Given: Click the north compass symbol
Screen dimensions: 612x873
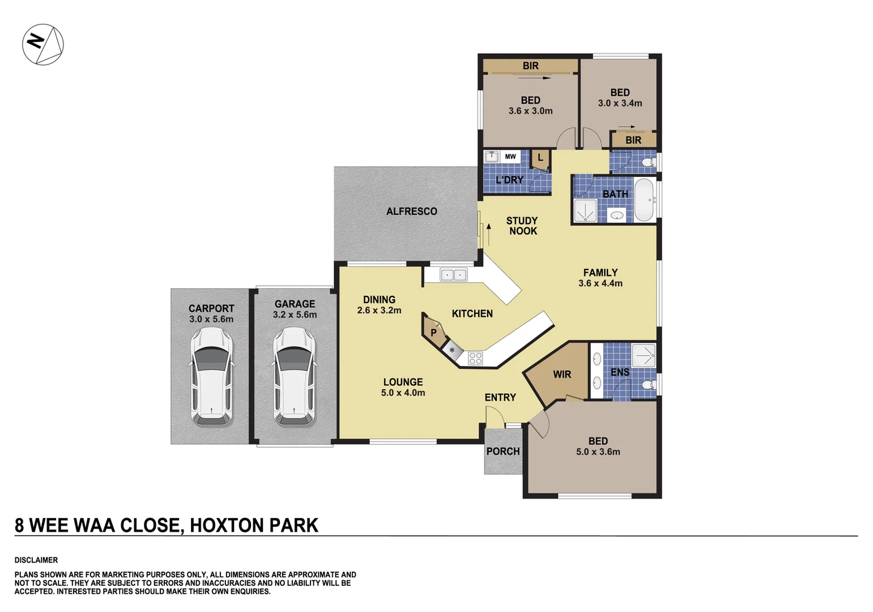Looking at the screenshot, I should point(43,44).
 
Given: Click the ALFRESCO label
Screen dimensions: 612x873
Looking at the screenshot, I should point(411,211).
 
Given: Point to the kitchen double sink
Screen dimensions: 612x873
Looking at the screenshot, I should point(454,275).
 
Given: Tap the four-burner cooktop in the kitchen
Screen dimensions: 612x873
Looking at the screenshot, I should point(475,358).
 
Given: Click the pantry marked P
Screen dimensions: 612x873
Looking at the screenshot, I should point(433,333).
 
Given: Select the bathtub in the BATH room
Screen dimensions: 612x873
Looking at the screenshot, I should point(644,199).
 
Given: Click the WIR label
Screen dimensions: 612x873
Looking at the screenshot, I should point(562,375).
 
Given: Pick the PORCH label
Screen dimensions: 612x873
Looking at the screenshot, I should point(502,452).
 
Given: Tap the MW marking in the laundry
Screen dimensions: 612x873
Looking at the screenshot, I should point(510,157).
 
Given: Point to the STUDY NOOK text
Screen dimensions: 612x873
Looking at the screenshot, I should point(522,226).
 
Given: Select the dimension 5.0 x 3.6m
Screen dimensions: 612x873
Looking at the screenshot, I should point(598,452).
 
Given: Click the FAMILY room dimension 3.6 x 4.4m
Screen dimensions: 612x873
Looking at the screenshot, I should point(600,283).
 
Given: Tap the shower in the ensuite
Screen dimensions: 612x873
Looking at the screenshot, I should point(643,355).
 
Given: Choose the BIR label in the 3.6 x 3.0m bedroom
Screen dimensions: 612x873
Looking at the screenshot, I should point(530,66).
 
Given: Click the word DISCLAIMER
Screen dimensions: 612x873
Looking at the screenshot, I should point(36,560).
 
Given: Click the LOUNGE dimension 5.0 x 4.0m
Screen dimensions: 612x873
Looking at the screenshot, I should point(403,393).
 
